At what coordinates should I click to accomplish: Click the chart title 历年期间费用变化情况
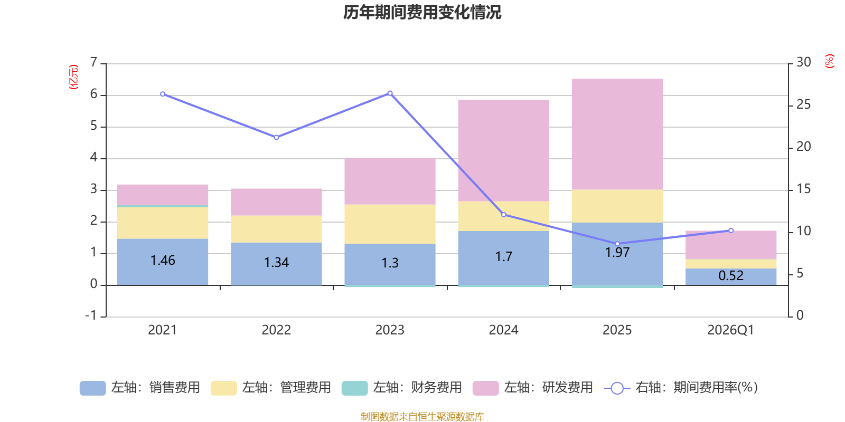(x=422, y=12)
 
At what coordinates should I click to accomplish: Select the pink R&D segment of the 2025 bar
(x=617, y=135)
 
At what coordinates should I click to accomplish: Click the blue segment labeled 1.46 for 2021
(x=163, y=261)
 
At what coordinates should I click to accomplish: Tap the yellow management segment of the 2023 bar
(x=390, y=224)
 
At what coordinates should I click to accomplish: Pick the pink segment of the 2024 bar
(x=503, y=150)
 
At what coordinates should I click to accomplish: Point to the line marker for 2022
(x=276, y=137)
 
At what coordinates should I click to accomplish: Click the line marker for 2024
(x=503, y=215)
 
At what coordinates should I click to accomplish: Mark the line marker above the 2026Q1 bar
(x=731, y=230)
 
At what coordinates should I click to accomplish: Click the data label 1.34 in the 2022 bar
(x=276, y=262)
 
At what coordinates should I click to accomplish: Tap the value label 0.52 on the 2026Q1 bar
(x=731, y=275)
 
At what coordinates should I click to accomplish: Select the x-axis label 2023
(x=390, y=330)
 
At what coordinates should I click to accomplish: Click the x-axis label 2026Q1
(x=730, y=330)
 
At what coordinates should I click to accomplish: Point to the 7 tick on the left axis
(x=94, y=62)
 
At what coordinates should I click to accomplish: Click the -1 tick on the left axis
(x=91, y=315)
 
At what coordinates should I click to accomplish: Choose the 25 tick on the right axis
(x=803, y=104)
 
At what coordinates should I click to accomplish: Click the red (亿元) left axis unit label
(x=73, y=77)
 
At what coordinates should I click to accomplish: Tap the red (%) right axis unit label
(x=829, y=61)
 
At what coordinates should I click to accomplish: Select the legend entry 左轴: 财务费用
(x=402, y=388)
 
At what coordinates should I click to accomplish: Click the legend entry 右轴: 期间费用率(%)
(x=681, y=388)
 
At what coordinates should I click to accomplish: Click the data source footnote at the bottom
(x=422, y=417)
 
